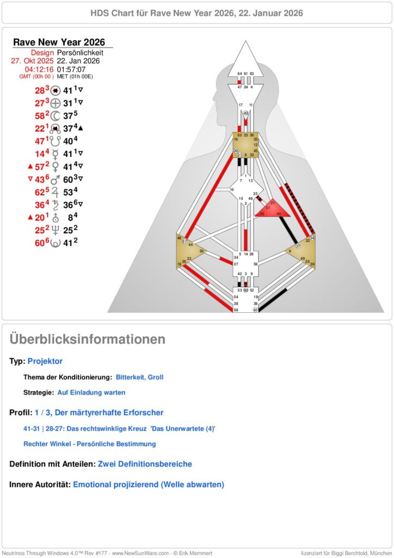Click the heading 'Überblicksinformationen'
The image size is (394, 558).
(x=87, y=339)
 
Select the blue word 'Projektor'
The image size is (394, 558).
(x=45, y=361)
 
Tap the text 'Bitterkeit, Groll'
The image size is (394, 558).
(x=139, y=377)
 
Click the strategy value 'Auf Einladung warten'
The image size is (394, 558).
(x=91, y=392)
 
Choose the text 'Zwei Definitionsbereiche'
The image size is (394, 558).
(x=145, y=464)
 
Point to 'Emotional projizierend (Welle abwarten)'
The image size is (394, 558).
(x=149, y=484)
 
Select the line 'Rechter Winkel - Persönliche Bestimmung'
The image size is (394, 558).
(x=89, y=444)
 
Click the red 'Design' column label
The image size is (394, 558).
(x=42, y=52)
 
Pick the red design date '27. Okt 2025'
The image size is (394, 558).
(x=32, y=61)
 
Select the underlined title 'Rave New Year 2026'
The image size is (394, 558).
(x=59, y=43)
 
